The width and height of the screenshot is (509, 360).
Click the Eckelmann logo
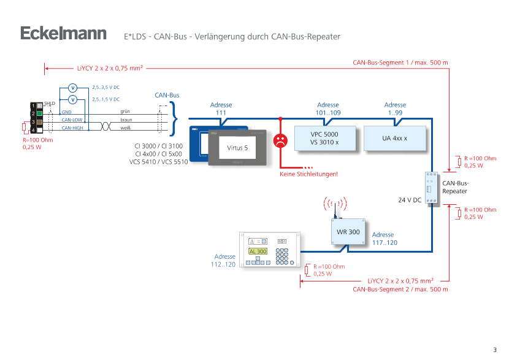pyautogui.click(x=63, y=33)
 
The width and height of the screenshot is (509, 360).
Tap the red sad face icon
pyautogui.click(x=280, y=140)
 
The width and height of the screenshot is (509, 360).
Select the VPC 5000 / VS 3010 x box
pyautogui.click(x=324, y=138)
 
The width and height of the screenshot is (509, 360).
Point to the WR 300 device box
pyautogui.click(x=348, y=232)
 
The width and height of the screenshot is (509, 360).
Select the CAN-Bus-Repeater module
pyautogui.click(x=431, y=188)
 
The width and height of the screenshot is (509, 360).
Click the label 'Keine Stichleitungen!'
pyautogui.click(x=309, y=174)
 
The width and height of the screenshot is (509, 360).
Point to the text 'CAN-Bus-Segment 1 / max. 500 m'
pyautogui.click(x=400, y=62)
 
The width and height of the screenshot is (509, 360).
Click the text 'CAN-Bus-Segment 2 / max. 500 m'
pyautogui.click(x=400, y=288)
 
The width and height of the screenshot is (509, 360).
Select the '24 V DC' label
pyautogui.click(x=409, y=200)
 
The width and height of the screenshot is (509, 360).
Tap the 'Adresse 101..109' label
pyautogui.click(x=328, y=109)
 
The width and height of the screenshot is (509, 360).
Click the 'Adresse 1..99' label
pyautogui.click(x=395, y=109)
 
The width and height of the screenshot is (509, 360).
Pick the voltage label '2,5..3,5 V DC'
pyautogui.click(x=105, y=87)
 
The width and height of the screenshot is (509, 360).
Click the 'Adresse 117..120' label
pyautogui.click(x=383, y=239)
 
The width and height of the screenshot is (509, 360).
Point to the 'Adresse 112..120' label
pyautogui.click(x=224, y=260)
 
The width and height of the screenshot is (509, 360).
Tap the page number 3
pyautogui.click(x=494, y=349)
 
